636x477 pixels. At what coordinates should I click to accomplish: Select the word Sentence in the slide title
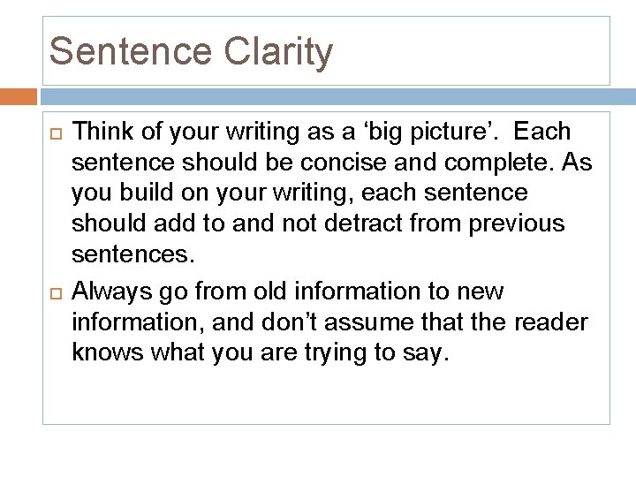click(128, 51)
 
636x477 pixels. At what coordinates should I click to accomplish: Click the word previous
click(517, 223)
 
